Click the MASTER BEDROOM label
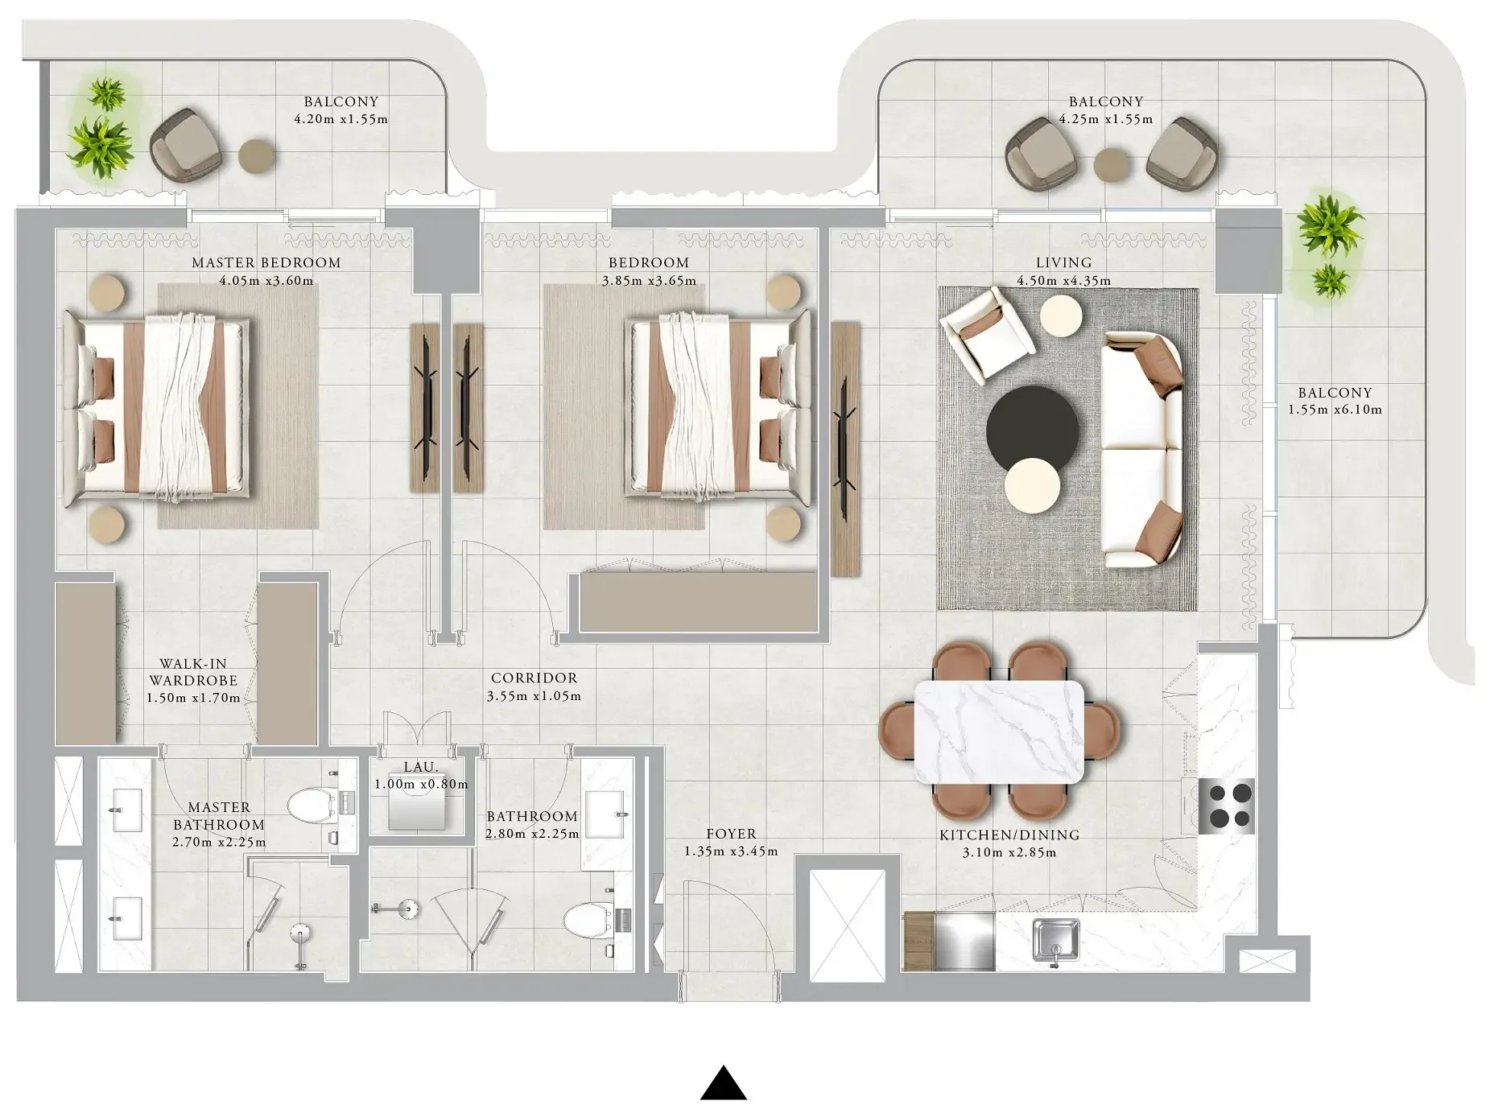point(266,262)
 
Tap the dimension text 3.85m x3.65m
point(649,281)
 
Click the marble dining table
point(1000,732)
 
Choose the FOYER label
point(731,834)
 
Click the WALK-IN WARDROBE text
point(193,672)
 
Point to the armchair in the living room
point(987,334)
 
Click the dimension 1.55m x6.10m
point(1335,410)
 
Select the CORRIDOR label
point(534,678)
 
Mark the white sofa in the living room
point(1141,451)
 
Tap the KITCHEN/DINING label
point(1009,835)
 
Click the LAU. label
point(420,767)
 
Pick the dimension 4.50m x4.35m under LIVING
point(1063,281)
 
